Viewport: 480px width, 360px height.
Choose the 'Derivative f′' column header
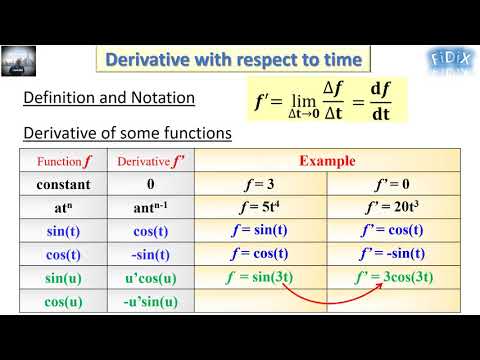(151, 161)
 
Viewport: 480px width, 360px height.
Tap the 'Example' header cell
(327, 161)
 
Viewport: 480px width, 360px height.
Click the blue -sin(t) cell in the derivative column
(151, 254)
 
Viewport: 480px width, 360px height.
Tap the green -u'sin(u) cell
(151, 301)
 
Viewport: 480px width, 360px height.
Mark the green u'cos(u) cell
(151, 277)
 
